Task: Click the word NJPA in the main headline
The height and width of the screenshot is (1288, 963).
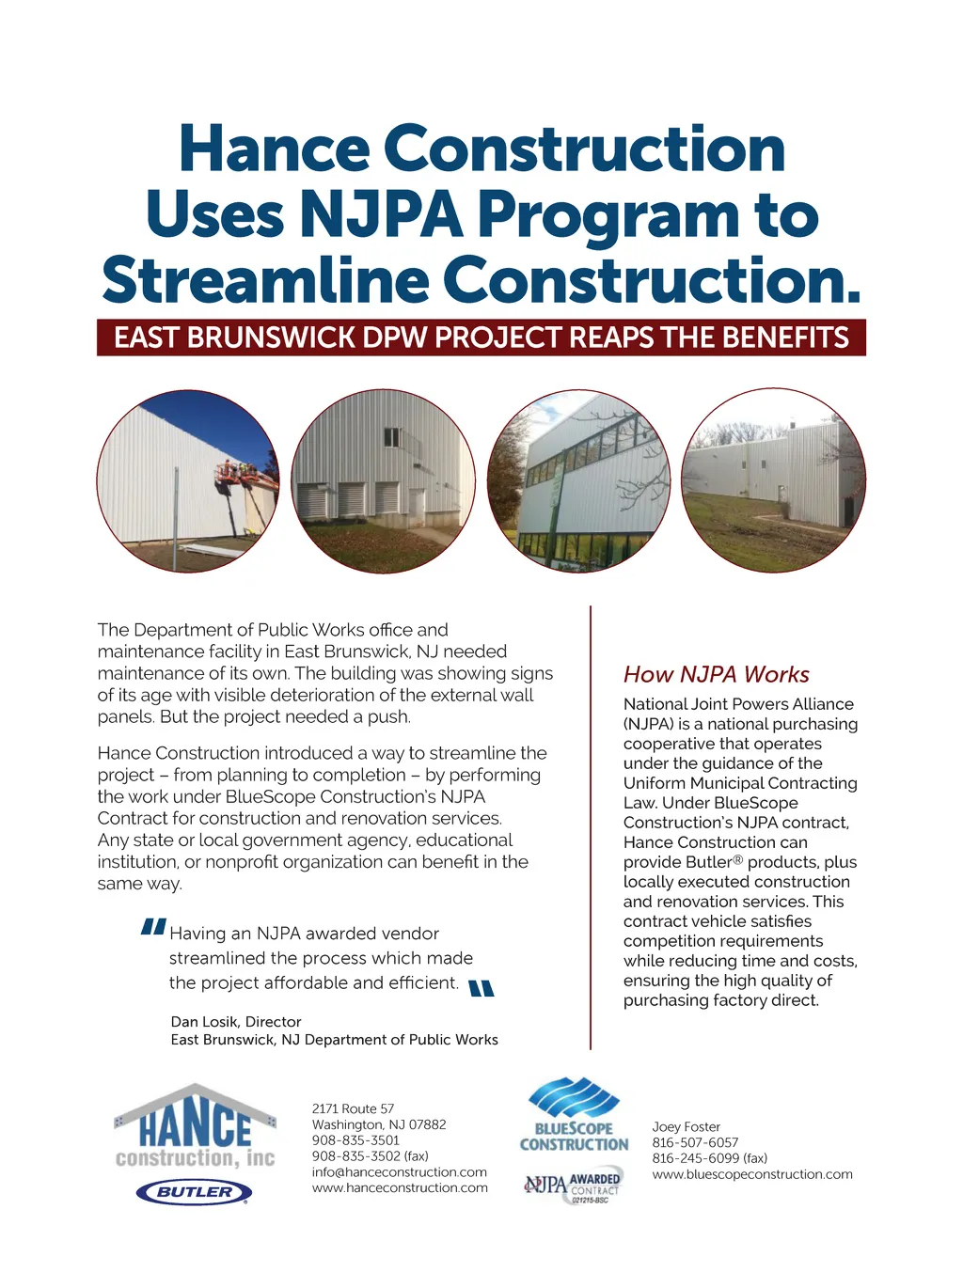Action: pyautogui.click(x=381, y=214)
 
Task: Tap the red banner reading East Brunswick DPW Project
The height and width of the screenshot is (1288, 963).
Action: pyautogui.click(x=481, y=338)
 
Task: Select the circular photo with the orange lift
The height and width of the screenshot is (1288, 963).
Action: pyautogui.click(x=188, y=480)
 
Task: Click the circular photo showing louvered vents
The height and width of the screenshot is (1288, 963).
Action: pyautogui.click(x=383, y=480)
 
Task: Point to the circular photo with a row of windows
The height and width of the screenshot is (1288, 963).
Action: pyautogui.click(x=578, y=480)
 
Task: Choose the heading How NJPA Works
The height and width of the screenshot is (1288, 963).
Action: pyautogui.click(x=716, y=674)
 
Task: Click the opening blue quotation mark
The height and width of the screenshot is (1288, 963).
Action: pyautogui.click(x=153, y=928)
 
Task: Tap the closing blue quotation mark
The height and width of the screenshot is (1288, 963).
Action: pyautogui.click(x=481, y=988)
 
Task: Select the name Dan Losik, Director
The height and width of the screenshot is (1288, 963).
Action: pyautogui.click(x=236, y=1022)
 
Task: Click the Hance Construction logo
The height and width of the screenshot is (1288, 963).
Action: pyautogui.click(x=196, y=1128)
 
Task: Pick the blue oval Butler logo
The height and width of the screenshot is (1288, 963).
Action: pyautogui.click(x=195, y=1192)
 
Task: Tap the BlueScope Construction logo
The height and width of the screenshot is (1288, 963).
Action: pyautogui.click(x=574, y=1116)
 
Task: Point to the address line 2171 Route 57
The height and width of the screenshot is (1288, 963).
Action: pyautogui.click(x=353, y=1109)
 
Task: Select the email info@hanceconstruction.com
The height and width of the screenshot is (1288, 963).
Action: pyautogui.click(x=400, y=1172)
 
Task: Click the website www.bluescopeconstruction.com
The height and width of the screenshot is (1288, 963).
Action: pyautogui.click(x=752, y=1174)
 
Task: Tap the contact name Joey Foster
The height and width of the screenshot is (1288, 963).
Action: pyautogui.click(x=687, y=1127)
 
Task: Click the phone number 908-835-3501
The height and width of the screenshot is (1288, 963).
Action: pyautogui.click(x=355, y=1140)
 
